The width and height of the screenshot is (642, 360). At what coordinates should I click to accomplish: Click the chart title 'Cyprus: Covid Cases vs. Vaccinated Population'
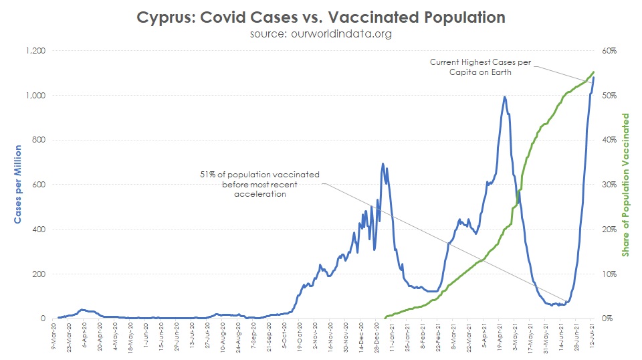[x=321, y=17]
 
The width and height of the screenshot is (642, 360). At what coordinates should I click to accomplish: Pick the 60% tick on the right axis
[x=608, y=51]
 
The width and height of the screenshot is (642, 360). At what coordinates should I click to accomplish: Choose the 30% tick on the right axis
[x=608, y=185]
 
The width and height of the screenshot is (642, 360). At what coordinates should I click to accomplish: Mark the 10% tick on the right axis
[x=608, y=274]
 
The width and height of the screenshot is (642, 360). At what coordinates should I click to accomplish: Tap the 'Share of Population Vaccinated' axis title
[x=626, y=185]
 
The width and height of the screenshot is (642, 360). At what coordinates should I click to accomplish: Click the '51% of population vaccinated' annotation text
[x=260, y=184]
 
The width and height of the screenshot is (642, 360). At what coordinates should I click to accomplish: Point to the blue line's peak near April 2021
[x=504, y=97]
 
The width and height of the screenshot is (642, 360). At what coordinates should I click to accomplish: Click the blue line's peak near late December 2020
[x=383, y=163]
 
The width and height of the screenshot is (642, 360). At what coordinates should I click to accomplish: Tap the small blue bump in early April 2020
[x=82, y=310]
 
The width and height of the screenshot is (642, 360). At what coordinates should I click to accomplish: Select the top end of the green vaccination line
[x=594, y=72]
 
